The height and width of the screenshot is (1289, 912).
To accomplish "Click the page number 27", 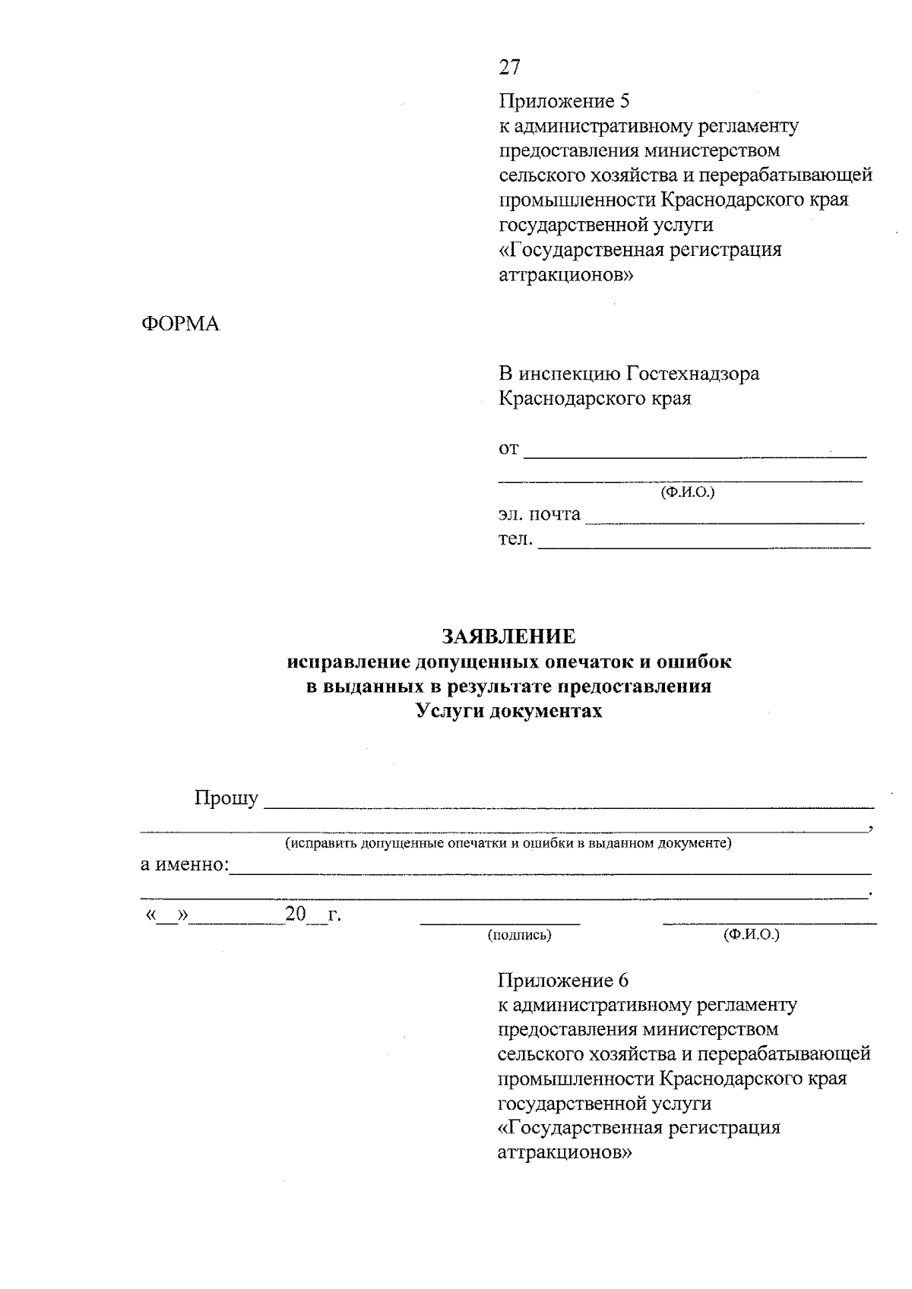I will coord(509,68).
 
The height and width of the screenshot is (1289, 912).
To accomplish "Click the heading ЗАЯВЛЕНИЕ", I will coord(508,636).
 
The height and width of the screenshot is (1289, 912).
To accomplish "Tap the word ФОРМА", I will coord(181,324).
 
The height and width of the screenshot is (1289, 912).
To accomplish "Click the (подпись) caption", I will coord(520,935).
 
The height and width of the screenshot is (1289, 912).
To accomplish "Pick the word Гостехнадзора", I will coord(692,374).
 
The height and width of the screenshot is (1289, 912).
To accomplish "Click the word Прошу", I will coord(226,799).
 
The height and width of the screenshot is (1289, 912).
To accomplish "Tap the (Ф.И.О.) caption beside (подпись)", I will coord(752,935).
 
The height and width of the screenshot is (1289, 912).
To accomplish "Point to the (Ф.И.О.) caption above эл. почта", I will coord(687,492).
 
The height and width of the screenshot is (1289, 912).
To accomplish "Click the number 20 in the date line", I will coord(295,914).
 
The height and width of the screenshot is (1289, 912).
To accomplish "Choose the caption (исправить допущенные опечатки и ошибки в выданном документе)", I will coord(508,843).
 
